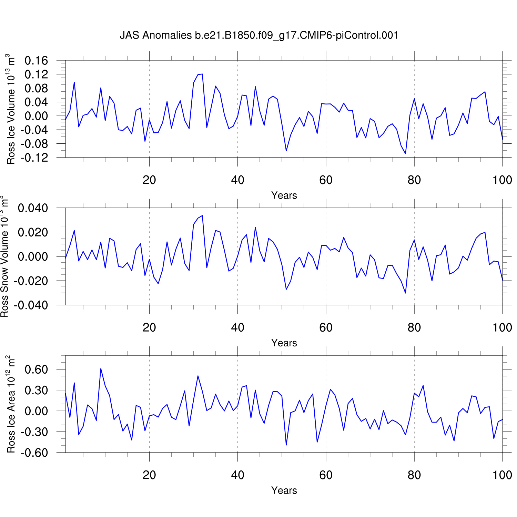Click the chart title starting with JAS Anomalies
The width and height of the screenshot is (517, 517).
259,35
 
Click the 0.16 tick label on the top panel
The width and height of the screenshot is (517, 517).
36,61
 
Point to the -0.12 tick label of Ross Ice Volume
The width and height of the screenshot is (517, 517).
34,158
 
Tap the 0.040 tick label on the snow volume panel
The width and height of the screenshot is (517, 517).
33,208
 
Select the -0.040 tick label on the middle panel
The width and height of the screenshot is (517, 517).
31,305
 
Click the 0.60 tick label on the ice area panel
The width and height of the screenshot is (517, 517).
36,369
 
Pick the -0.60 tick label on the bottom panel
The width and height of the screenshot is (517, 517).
34,453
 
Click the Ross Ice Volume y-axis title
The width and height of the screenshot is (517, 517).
11,109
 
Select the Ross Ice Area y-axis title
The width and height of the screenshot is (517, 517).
11,404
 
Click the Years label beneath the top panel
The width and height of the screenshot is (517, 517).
284,195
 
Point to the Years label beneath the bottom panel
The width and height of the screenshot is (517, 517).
284,490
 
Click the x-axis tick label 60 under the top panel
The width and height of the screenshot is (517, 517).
326,180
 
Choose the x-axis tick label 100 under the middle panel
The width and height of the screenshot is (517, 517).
502,327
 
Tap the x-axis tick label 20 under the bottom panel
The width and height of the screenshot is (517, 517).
149,475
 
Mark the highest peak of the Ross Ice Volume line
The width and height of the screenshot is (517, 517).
202,74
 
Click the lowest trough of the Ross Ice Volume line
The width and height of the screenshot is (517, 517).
405,154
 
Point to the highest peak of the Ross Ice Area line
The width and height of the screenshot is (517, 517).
101,368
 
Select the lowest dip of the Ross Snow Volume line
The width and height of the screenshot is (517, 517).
405,293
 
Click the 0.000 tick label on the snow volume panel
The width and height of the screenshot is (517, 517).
33,256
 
